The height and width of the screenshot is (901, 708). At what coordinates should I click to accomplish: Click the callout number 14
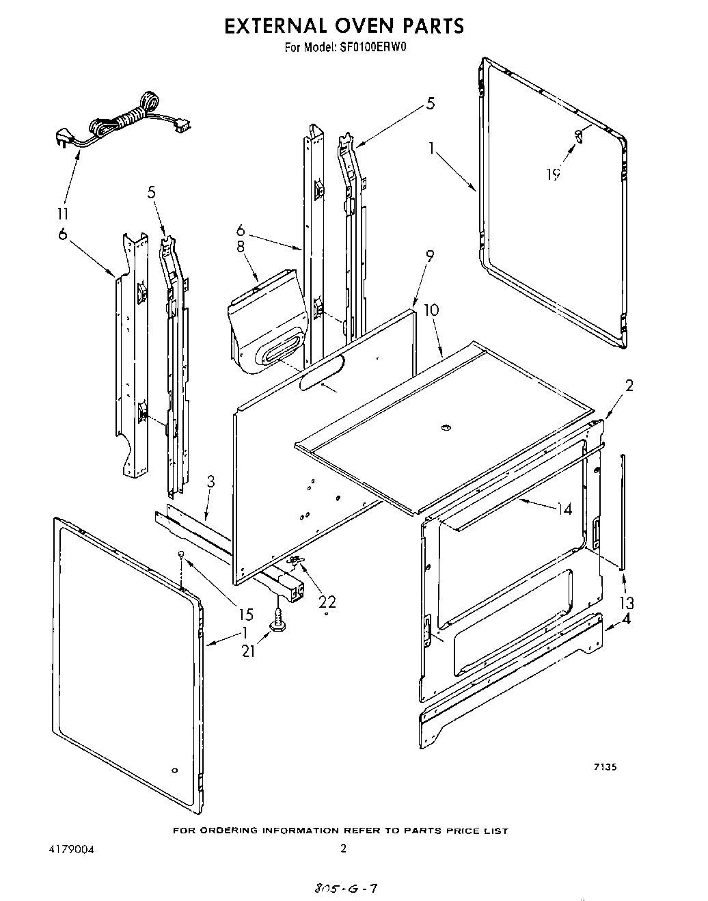tap(564, 508)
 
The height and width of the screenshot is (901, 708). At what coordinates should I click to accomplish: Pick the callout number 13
tap(626, 602)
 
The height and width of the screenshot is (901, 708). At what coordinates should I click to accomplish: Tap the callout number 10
tap(431, 310)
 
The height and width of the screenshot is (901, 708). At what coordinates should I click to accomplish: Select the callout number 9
tap(430, 256)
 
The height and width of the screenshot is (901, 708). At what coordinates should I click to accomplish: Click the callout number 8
tap(241, 245)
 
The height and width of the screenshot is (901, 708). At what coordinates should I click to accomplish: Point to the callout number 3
tap(210, 481)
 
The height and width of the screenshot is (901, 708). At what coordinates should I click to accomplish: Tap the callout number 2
tap(629, 385)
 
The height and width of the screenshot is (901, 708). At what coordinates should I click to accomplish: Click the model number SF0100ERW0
tap(374, 48)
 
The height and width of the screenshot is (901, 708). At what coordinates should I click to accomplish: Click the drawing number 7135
tap(605, 767)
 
